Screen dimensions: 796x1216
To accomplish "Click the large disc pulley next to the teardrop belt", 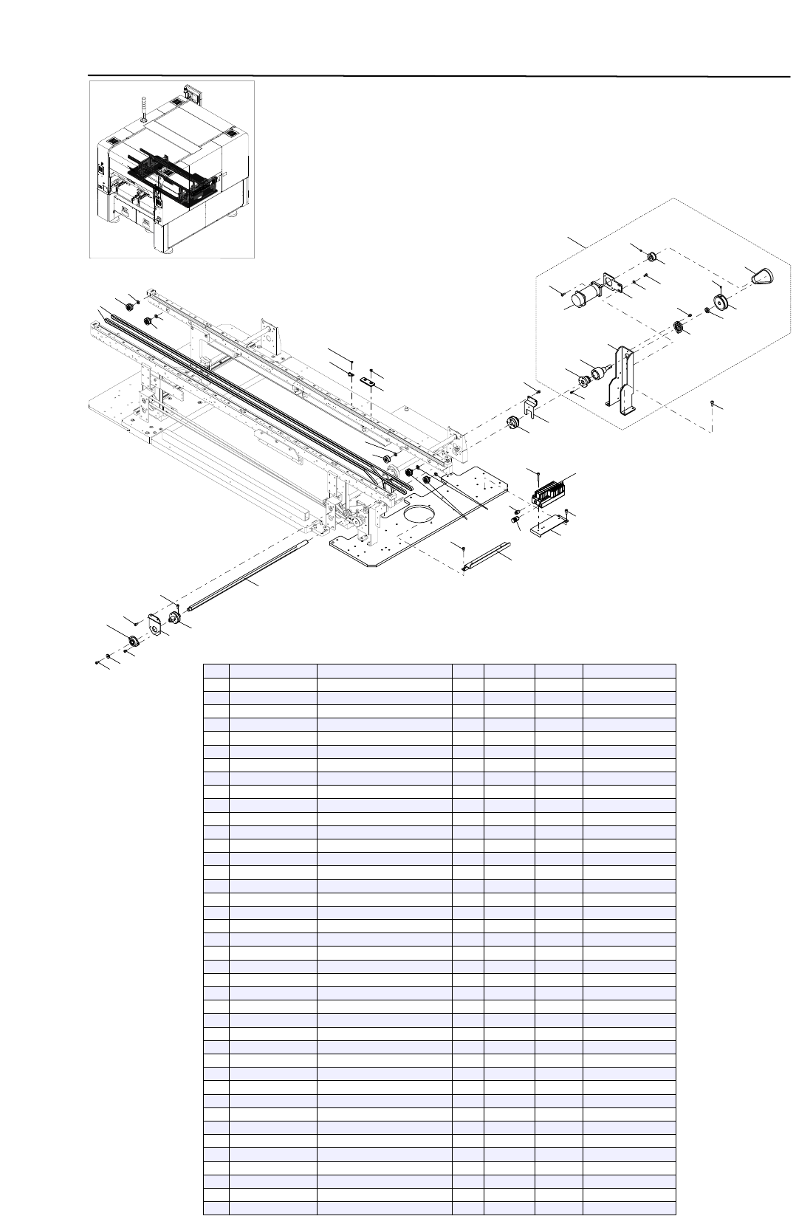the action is (x=721, y=303).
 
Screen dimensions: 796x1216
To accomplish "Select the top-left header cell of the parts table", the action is (x=216, y=670).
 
